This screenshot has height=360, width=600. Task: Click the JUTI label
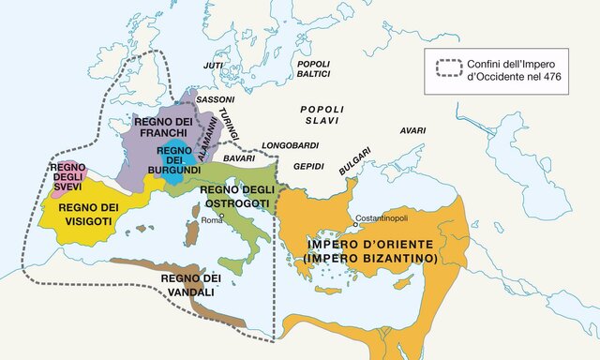214,66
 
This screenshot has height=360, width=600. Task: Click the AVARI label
413,130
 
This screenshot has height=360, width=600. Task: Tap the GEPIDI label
307,166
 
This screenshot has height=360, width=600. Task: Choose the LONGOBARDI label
292,145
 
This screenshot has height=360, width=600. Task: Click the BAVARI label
240,158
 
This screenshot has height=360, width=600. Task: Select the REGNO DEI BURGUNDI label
175,160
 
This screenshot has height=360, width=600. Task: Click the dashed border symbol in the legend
450,68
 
